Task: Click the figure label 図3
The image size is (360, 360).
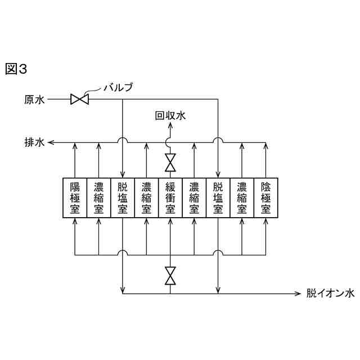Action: tap(16, 69)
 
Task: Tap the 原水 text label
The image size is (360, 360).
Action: tap(33, 100)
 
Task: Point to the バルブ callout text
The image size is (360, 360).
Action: tap(118, 87)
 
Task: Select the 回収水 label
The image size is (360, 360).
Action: tap(170, 116)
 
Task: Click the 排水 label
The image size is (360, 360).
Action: tap(33, 143)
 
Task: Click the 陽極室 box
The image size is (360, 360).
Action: tap(75, 198)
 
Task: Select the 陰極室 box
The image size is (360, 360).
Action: tap(266, 198)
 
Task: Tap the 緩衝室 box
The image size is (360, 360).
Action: tap(170, 198)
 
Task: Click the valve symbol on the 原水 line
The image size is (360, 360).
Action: tap(79, 100)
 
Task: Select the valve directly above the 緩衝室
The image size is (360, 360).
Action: tap(170, 163)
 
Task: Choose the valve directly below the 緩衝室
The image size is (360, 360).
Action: tap(170, 276)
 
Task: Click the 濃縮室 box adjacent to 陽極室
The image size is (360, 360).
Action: tap(99, 198)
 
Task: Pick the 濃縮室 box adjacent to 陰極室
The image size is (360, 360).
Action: tap(242, 198)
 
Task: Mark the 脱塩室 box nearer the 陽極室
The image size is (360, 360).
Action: tap(123, 198)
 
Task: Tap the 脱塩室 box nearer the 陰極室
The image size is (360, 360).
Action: tap(218, 198)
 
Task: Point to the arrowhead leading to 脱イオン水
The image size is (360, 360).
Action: tap(299, 293)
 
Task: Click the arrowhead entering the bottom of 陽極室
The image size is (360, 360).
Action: tap(75, 221)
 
